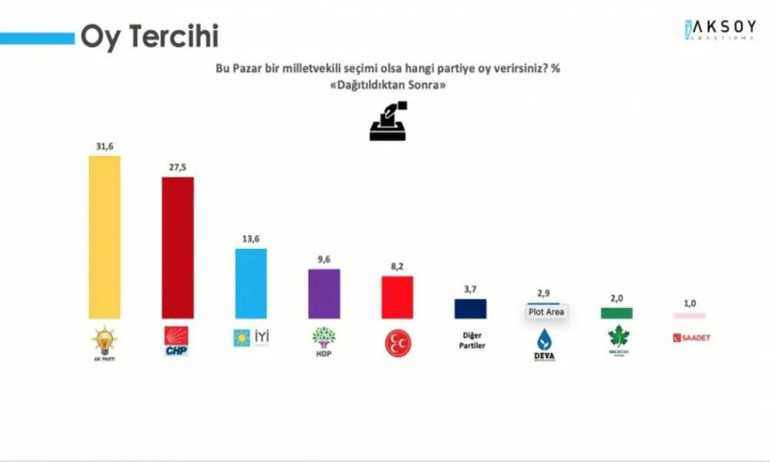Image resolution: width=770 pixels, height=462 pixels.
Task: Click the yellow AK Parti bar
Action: (x=103, y=237)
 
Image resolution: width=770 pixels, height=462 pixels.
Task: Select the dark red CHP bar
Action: (x=177, y=247)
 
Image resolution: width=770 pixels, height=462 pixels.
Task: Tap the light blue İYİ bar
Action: (x=251, y=283)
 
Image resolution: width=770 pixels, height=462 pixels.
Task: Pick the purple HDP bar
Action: (x=324, y=293)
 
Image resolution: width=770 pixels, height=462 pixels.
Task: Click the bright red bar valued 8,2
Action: (x=396, y=297)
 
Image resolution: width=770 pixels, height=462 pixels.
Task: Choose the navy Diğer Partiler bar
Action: (x=470, y=309)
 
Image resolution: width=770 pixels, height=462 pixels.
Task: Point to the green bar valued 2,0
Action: (x=617, y=314)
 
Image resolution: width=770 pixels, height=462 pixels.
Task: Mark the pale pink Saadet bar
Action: (x=689, y=316)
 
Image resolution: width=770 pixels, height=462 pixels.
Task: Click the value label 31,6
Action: (x=103, y=146)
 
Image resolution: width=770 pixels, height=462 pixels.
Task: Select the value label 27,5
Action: (x=177, y=167)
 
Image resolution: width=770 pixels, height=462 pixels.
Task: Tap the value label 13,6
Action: (x=251, y=239)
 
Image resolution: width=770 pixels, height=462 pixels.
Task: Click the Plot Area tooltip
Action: (x=546, y=312)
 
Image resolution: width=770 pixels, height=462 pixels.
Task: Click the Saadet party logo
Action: (x=690, y=337)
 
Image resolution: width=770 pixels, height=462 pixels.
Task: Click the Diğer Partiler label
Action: (x=470, y=340)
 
